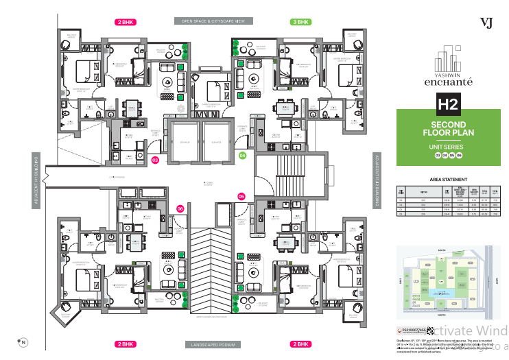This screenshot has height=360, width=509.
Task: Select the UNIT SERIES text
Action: [449, 146]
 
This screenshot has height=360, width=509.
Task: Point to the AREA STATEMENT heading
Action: [449, 179]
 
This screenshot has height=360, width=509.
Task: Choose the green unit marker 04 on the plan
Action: [242, 156]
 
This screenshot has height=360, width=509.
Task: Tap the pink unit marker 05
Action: [241, 197]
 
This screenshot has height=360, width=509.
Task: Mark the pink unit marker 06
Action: [180, 208]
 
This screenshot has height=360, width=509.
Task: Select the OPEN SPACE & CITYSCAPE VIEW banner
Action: [213, 22]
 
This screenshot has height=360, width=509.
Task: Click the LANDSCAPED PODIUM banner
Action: [213, 343]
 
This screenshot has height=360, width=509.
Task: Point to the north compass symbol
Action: [22, 341]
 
